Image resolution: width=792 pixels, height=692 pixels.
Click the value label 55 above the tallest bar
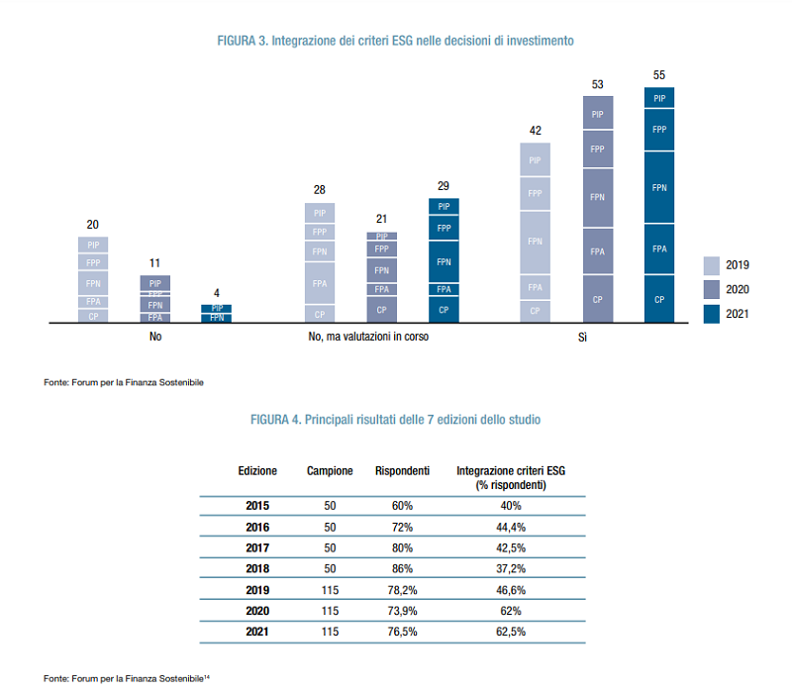(659, 75)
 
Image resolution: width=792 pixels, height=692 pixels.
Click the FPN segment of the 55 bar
(659, 187)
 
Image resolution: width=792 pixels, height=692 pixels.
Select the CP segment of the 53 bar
(597, 299)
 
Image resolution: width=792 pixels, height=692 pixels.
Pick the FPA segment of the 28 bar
(320, 283)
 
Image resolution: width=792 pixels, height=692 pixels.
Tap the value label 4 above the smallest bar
(216, 293)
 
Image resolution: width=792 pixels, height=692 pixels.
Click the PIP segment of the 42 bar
(535, 160)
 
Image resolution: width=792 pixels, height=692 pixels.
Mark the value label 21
(381, 219)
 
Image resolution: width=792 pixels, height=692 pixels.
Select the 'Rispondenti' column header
(402, 470)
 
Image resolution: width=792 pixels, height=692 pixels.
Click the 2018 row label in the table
(257, 568)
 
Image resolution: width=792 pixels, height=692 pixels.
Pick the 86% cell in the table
(402, 568)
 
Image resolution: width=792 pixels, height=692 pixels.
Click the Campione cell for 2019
(330, 589)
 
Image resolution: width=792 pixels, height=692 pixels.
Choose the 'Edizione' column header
(257, 470)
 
